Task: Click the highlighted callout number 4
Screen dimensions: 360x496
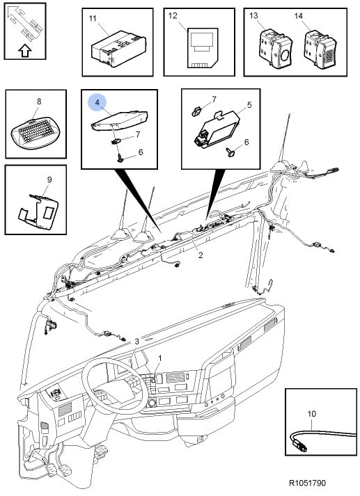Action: point(97,102)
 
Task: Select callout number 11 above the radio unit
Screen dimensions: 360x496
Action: point(92,18)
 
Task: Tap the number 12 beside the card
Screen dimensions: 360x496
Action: point(173,15)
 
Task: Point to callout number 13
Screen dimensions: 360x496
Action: point(253,15)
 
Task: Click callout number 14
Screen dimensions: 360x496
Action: point(299,15)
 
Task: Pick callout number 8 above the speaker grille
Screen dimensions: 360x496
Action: point(39,102)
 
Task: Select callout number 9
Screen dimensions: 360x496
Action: point(49,179)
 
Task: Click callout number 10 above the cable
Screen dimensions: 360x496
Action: point(312,413)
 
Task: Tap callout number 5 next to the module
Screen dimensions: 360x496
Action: point(249,105)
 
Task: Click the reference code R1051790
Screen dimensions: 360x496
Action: point(307,483)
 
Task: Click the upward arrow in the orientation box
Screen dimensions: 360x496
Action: point(25,51)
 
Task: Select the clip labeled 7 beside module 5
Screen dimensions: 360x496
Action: point(197,111)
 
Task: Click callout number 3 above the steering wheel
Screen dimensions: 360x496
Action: point(136,342)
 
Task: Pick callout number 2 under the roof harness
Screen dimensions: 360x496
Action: point(201,255)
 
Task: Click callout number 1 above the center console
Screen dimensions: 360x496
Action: point(160,358)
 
